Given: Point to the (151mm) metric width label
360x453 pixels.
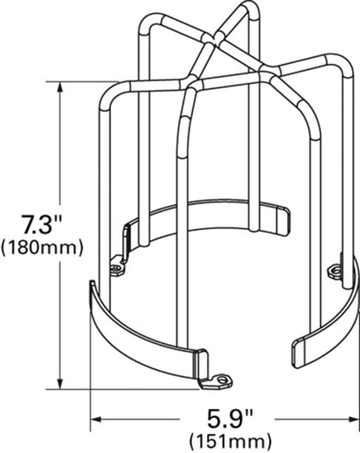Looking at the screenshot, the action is (x=230, y=442).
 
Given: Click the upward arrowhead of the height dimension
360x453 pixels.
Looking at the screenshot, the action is (x=61, y=86).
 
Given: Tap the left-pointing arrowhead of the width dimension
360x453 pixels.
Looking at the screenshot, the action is (x=96, y=419).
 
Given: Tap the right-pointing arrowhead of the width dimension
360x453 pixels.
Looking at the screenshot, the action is (x=353, y=419).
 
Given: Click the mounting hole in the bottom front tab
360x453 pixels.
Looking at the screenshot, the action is (x=222, y=379).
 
